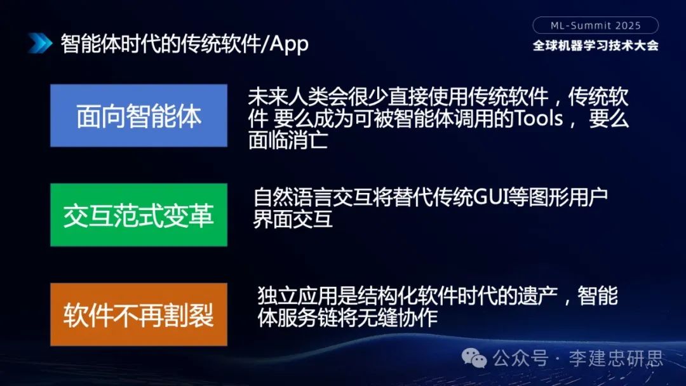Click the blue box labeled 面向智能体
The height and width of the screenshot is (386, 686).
138,116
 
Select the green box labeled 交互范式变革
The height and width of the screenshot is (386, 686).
138,215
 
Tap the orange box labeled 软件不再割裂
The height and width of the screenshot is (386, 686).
138,315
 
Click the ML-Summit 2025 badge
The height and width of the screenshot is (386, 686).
595,26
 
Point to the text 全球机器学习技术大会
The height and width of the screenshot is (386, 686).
595,46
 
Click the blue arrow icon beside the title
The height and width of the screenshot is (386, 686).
39,44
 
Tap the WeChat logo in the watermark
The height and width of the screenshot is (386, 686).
474,359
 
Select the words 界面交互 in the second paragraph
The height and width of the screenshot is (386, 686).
293,219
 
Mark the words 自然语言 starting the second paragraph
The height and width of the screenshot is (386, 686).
283,197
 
